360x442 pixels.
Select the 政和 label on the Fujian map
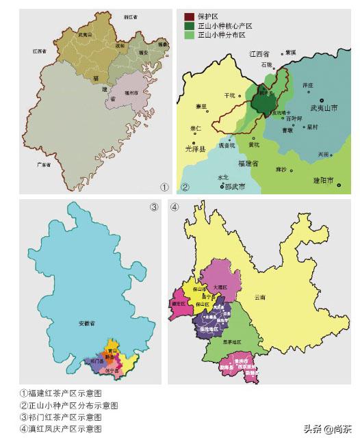tap(120, 45)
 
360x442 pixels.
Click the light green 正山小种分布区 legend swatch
tap(188, 34)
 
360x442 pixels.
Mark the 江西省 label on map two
tap(259, 53)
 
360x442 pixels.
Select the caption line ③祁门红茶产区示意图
tap(61, 416)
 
